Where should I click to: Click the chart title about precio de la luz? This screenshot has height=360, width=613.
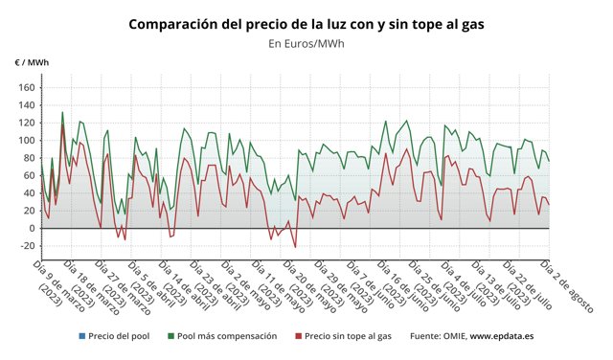tap(306, 23)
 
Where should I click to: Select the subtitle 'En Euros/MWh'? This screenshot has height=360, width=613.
tap(306, 43)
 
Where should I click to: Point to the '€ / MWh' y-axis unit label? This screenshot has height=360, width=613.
tap(32, 63)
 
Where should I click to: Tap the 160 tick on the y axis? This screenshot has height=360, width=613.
tap(26, 88)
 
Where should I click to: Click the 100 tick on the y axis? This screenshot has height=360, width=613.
tap(26, 141)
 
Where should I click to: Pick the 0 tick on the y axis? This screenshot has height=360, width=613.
tap(31, 229)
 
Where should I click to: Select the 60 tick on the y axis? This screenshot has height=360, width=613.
tap(28, 176)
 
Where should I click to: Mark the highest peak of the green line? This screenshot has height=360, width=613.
tap(63, 112)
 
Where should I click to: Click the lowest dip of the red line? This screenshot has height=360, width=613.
tap(295, 247)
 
